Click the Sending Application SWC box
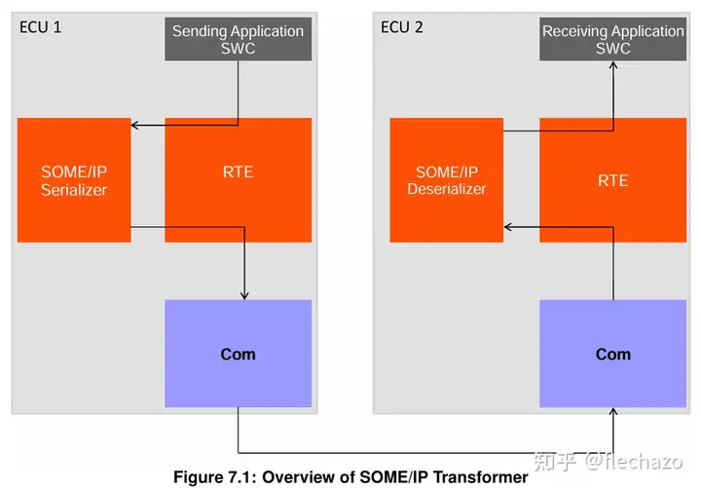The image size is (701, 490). coord(238,39)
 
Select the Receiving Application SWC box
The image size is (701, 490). coord(612,39)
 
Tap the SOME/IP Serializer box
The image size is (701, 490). coord(74,180)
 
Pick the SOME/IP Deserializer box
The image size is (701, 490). coord(446,180)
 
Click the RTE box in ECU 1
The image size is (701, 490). coord(238,171)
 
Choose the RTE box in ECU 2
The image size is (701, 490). coord(612,180)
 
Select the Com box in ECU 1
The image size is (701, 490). coord(238,354)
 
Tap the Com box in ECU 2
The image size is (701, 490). coord(612,354)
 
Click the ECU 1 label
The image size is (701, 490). coord(41,26)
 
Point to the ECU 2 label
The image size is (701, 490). coord(402,26)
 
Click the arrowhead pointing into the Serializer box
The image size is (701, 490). coord(136,125)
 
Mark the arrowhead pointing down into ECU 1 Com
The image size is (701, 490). coord(244,294)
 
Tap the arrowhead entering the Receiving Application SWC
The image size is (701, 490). coord(612,66)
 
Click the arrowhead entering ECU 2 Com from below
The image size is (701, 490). coord(613,413)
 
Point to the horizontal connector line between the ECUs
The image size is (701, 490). coord(428,453)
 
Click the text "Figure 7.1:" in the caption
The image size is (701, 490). coord(215,477)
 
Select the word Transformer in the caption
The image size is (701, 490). coord(481,477)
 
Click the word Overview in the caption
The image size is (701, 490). coord(296,477)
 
